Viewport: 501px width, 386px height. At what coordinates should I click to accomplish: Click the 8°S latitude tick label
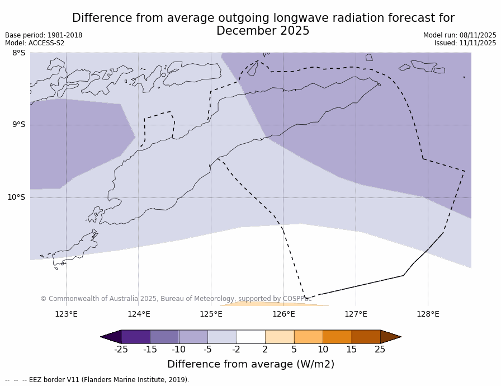[18, 53]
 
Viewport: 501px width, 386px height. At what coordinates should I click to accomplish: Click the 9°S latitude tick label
[18, 125]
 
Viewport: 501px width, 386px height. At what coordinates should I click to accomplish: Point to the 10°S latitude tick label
[16, 197]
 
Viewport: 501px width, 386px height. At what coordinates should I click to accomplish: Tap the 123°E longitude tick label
[66, 314]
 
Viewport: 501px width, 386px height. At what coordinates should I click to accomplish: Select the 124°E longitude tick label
[139, 314]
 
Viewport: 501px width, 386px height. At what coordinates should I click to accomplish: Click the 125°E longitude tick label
[211, 314]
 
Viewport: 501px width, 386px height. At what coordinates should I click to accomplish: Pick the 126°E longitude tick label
[283, 314]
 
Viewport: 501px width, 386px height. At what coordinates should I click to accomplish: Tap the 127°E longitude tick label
[356, 314]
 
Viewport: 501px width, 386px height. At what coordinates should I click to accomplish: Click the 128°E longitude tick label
[428, 314]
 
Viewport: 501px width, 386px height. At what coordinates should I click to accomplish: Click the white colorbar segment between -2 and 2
[250, 337]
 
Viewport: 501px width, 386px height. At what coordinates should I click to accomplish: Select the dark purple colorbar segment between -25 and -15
[135, 337]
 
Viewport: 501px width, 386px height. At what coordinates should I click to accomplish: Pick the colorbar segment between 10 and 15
[337, 337]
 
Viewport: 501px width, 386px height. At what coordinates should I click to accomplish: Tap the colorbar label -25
[121, 350]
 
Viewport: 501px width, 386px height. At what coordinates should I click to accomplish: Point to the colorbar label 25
[380, 350]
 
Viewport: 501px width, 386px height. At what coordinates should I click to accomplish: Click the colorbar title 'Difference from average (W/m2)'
[250, 364]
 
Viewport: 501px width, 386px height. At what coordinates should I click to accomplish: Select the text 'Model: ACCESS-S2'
[35, 43]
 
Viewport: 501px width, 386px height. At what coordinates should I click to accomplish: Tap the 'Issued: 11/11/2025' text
[465, 43]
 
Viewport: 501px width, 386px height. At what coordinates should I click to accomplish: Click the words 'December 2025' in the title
[263, 31]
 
